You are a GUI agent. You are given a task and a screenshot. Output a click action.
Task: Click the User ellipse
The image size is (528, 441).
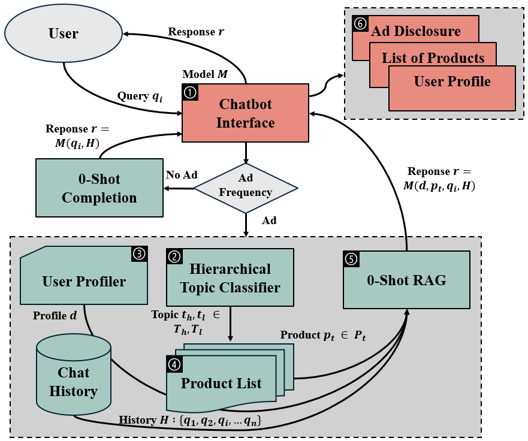[x=63, y=33]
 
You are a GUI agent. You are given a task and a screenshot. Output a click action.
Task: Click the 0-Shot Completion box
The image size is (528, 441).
[x=99, y=188]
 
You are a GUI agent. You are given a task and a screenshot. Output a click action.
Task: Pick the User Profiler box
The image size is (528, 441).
[x=84, y=281]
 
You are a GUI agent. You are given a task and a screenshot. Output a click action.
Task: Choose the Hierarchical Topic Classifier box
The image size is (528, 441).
[x=230, y=278]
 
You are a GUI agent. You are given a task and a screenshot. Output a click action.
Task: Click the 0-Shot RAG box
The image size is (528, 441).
[x=406, y=280]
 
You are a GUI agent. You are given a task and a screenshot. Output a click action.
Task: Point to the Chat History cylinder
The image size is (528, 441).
[x=74, y=381]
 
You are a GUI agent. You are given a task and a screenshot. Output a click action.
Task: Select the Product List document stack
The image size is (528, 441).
[x=221, y=383]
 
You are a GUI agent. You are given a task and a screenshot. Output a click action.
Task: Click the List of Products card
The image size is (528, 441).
[x=433, y=58]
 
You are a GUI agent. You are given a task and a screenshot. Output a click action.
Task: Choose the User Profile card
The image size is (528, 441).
[x=452, y=82]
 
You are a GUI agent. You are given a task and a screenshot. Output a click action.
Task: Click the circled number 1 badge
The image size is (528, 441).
[x=190, y=92]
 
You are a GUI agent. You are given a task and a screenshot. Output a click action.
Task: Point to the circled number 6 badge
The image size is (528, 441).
[x=360, y=23]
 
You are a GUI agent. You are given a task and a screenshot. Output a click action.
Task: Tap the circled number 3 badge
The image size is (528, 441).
[x=139, y=255]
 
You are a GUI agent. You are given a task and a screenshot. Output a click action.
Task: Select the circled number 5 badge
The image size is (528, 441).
[x=351, y=259]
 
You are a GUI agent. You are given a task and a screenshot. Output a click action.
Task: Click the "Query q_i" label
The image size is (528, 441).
[x=140, y=96]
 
